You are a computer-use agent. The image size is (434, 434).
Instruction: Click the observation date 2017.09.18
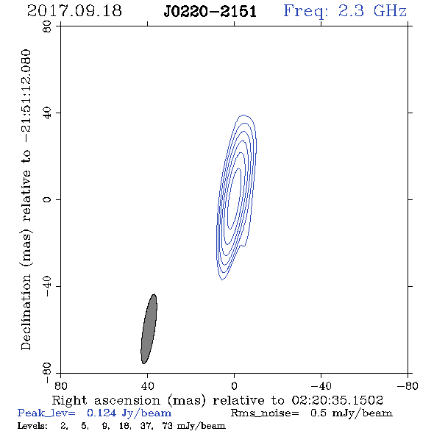point(74,11)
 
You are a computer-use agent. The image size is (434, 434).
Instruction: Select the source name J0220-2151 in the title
point(210,12)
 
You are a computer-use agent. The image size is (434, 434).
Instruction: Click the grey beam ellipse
point(149,329)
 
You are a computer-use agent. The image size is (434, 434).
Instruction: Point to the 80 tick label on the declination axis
point(47,26)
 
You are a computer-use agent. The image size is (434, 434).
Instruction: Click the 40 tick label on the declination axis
point(47,113)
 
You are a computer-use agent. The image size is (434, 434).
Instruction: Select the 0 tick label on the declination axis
point(47,199)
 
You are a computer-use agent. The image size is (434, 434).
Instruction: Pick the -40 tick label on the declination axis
point(47,286)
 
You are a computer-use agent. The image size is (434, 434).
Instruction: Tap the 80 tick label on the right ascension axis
point(60,386)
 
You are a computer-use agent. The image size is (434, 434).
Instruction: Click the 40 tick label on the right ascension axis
point(147,386)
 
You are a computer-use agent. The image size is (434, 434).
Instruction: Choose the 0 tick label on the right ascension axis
point(234,386)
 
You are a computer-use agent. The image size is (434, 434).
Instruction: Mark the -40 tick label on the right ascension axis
point(321,386)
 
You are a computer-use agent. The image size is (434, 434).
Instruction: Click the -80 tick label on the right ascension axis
point(408,386)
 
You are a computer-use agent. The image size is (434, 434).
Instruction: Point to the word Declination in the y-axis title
point(26,313)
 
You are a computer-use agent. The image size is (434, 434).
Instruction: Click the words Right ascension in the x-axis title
point(106,400)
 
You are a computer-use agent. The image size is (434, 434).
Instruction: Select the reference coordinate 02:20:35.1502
point(338,400)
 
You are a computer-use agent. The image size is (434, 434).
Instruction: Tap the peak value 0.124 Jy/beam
point(129,413)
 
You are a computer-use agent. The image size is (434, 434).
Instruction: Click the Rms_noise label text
point(265,413)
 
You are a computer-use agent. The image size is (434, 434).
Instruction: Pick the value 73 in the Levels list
point(168,425)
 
